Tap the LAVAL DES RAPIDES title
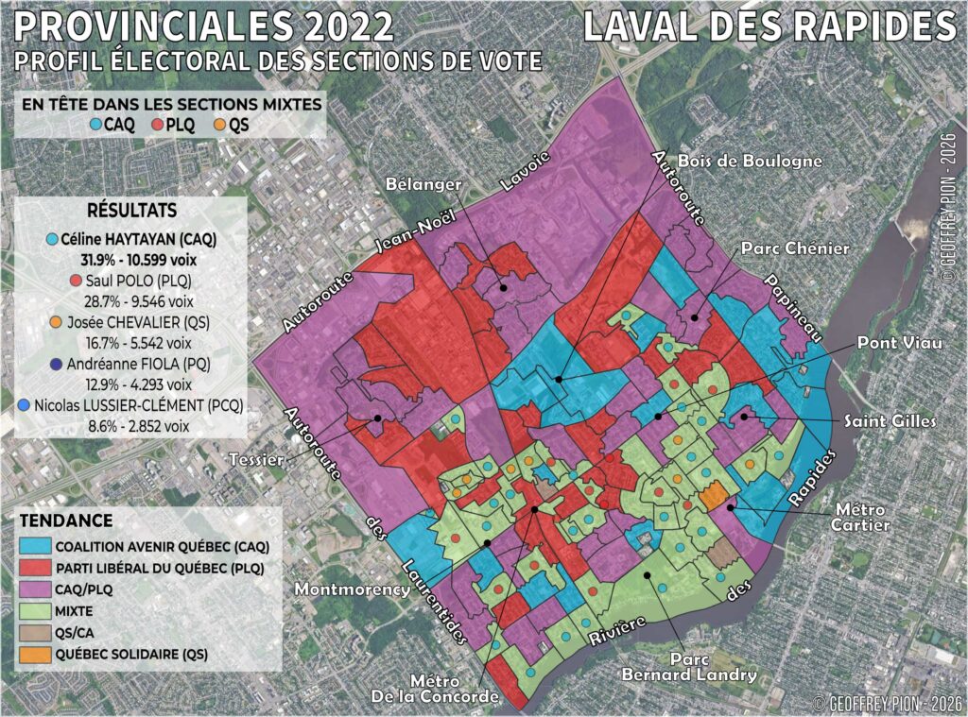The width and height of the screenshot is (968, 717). pos(769,26)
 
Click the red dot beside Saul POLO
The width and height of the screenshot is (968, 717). pos(75,281)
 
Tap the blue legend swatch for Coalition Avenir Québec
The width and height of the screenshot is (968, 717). pos(35,546)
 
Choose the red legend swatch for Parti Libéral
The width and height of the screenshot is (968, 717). pos(35,568)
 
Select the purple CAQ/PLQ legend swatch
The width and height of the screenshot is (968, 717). pos(35,589)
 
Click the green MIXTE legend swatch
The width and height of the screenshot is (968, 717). pos(35,611)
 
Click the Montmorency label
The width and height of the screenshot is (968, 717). pos(351,588)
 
